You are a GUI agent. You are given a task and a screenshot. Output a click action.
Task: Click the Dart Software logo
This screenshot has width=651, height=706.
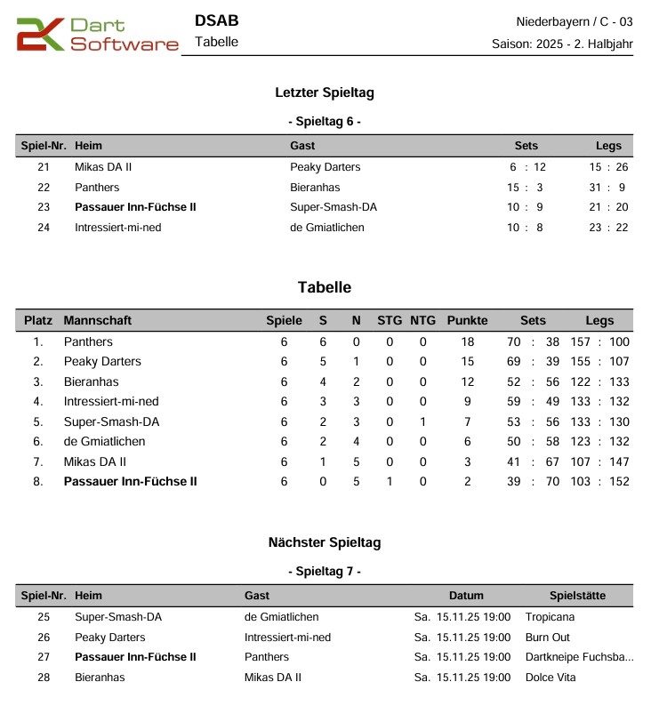pyautogui.click(x=97, y=35)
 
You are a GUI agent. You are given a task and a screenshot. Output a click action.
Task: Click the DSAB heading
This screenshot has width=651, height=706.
pyautogui.click(x=216, y=20)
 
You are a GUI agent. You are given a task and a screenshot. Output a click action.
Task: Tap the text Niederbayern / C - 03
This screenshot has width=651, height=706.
pyautogui.click(x=575, y=21)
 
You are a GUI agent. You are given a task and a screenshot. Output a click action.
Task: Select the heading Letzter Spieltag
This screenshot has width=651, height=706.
pyautogui.click(x=325, y=92)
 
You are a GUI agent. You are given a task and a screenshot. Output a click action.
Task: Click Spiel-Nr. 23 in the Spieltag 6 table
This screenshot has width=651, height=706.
pyautogui.click(x=44, y=207)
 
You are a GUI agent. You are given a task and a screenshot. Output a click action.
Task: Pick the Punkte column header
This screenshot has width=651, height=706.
pyautogui.click(x=467, y=320)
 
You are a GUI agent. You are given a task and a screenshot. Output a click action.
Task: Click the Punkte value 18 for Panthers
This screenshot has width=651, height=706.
pyautogui.click(x=467, y=341)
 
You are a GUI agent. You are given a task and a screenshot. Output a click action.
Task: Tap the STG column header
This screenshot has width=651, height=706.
pyautogui.click(x=390, y=320)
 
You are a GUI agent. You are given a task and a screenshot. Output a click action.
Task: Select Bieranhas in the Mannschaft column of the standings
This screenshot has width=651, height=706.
pyautogui.click(x=91, y=381)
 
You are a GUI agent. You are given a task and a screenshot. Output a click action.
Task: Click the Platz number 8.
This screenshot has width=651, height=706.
pyautogui.click(x=38, y=481)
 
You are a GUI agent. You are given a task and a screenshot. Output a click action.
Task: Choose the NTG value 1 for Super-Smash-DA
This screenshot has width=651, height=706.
pyautogui.click(x=423, y=421)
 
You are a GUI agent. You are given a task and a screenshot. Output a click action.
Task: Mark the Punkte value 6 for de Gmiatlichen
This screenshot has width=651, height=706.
pyautogui.click(x=467, y=441)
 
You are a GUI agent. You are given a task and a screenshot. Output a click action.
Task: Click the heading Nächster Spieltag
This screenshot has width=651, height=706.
pyautogui.click(x=325, y=542)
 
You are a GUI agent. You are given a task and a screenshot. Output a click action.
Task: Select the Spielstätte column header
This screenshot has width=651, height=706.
pyautogui.click(x=577, y=596)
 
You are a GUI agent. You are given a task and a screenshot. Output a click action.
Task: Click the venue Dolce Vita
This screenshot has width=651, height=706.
pyautogui.click(x=551, y=677)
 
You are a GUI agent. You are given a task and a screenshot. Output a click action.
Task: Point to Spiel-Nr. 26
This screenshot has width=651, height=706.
pyautogui.click(x=44, y=637)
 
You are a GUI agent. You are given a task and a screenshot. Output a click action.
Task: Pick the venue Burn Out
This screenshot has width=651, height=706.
pyautogui.click(x=548, y=637)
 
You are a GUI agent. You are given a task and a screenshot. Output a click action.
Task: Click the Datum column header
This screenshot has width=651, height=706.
pyautogui.click(x=466, y=596)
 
